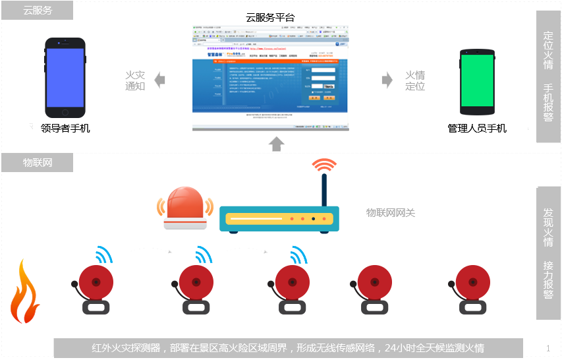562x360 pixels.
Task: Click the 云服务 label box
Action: click(38, 11)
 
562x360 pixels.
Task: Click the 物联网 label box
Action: click(38, 163)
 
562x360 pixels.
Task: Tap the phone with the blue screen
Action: click(65, 77)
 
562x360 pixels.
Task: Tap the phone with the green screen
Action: click(477, 80)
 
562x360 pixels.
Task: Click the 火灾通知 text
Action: click(135, 80)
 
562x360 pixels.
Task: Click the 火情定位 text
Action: click(414, 80)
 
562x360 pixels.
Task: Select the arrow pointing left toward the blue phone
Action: click(159, 80)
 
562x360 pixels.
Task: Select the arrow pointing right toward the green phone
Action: click(387, 80)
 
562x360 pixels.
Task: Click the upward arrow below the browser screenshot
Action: click(277, 143)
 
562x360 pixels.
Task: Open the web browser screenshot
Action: click(270, 78)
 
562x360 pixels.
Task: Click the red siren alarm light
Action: click(185, 208)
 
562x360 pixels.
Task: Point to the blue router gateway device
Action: click(279, 218)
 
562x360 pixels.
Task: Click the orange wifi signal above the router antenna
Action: click(324, 165)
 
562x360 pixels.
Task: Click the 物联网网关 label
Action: click(391, 213)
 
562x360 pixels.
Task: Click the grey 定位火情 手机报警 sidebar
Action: click(548, 76)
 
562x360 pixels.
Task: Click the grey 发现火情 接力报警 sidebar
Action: click(548, 253)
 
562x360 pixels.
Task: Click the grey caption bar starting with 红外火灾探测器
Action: click(288, 348)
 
